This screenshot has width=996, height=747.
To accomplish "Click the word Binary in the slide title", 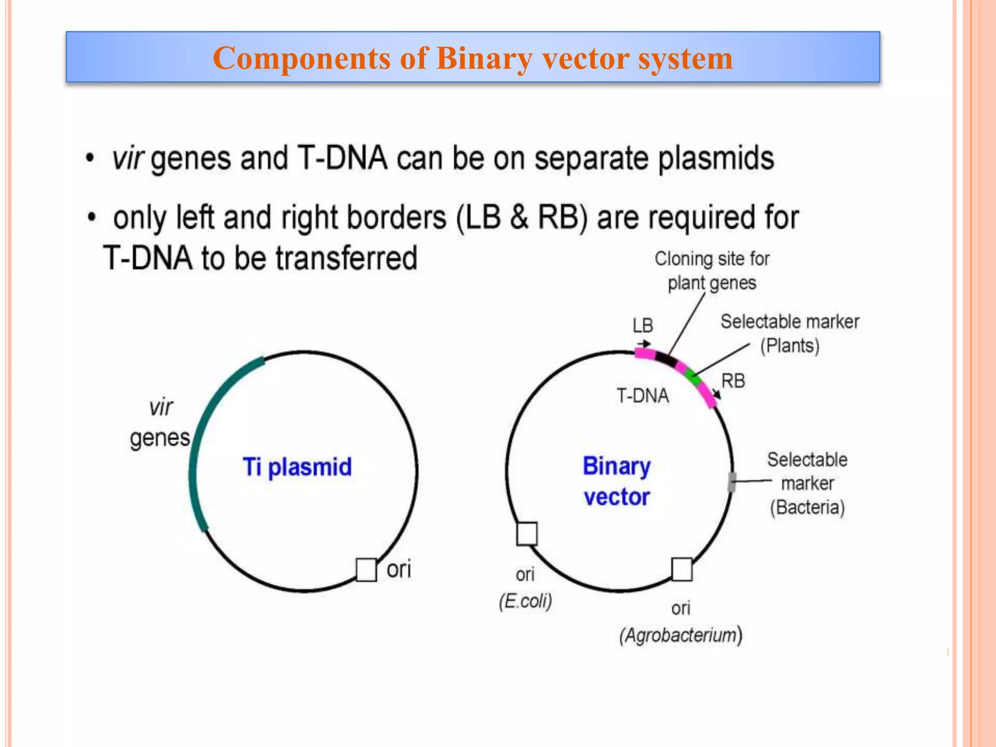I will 484,58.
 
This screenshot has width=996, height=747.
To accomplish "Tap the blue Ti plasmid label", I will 297,467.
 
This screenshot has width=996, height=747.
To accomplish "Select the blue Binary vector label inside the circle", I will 616,481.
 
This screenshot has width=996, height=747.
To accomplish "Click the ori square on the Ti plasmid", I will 366,569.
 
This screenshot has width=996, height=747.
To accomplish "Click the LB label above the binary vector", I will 642,325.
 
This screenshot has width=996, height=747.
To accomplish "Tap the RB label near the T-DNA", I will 733,381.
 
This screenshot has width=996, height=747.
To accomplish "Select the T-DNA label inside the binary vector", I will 642,396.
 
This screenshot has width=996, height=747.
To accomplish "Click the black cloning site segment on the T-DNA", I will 666,360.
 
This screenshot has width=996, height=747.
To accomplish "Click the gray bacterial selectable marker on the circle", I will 731,482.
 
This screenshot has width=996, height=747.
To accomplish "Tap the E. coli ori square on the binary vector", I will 527,534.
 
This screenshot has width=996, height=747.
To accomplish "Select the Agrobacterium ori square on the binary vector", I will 682,569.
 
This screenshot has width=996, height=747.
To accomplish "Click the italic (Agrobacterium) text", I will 680,635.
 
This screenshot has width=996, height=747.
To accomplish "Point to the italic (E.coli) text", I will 525,601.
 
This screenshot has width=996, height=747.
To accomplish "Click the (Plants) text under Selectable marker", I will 790,346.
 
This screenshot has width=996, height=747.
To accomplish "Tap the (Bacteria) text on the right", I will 807,507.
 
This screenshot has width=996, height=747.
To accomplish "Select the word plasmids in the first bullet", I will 716,159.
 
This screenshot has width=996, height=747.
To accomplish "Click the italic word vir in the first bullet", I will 128,159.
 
